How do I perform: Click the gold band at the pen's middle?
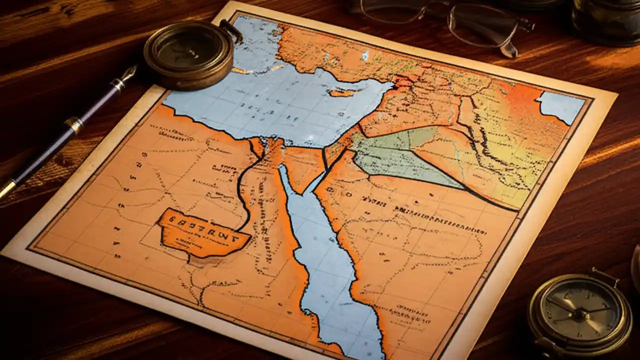click(74, 125)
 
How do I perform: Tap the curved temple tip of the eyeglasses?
click(509, 50)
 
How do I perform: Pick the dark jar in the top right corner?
click(605, 22)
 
